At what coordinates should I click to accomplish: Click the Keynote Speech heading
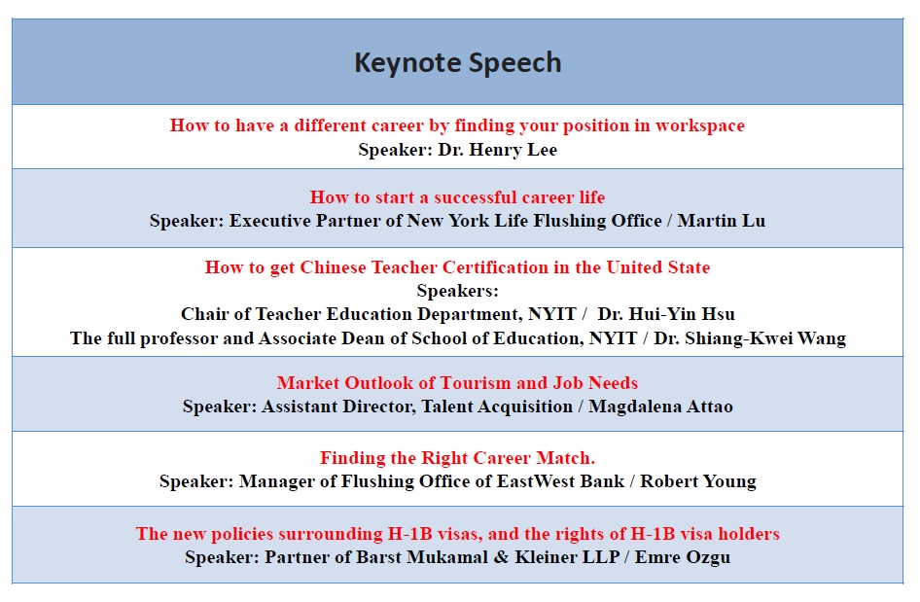pyautogui.click(x=458, y=63)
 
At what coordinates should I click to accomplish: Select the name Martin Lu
pyautogui.click(x=721, y=221)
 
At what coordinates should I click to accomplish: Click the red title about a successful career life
pyautogui.click(x=458, y=197)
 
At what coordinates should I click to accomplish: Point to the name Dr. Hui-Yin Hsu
pyautogui.click(x=666, y=314)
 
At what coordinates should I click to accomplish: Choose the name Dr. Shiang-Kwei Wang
pyautogui.click(x=750, y=338)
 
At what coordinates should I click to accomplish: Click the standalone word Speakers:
pyautogui.click(x=458, y=291)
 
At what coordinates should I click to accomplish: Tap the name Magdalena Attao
pyautogui.click(x=660, y=407)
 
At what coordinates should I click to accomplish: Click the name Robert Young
pyautogui.click(x=698, y=481)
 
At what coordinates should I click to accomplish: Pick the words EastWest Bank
pyautogui.click(x=560, y=481)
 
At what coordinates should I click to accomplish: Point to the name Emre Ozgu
pyautogui.click(x=683, y=557)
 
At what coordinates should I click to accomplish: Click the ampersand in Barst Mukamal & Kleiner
pyautogui.click(x=501, y=557)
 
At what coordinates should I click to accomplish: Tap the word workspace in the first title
pyautogui.click(x=700, y=125)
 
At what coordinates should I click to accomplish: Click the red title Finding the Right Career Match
pyautogui.click(x=458, y=458)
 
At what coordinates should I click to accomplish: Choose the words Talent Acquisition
pyautogui.click(x=497, y=407)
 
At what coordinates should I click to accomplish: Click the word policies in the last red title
pyautogui.click(x=242, y=534)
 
